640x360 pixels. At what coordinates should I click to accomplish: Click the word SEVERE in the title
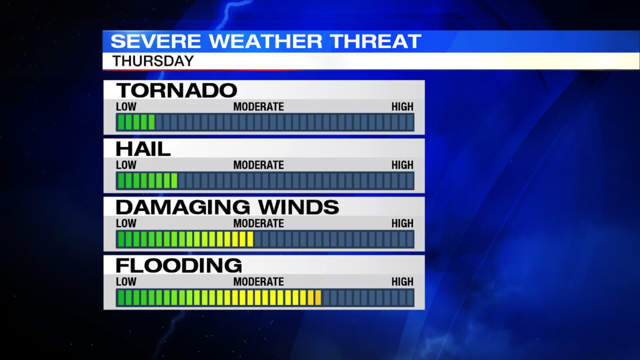click(x=156, y=41)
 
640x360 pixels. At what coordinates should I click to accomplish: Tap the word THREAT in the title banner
click(x=376, y=41)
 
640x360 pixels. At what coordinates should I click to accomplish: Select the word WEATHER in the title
click(x=266, y=41)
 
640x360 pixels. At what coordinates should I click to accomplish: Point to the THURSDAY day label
click(x=153, y=61)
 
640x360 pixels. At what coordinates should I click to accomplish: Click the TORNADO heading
click(x=176, y=90)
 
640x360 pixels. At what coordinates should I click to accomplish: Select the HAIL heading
click(x=143, y=149)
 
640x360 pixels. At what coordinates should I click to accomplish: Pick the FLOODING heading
click(x=179, y=266)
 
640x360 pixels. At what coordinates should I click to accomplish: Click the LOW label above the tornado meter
click(x=126, y=107)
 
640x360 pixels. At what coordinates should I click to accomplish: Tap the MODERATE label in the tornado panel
click(x=258, y=107)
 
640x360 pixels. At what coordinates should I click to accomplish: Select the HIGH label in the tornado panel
click(x=402, y=107)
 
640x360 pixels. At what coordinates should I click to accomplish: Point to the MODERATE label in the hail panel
click(x=258, y=165)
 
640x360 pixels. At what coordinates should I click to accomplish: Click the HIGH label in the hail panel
click(x=402, y=165)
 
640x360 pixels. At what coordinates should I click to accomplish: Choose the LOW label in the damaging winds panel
click(x=126, y=224)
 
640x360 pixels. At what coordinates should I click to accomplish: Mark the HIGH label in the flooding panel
click(x=402, y=282)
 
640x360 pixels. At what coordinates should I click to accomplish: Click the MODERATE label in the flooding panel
click(x=258, y=282)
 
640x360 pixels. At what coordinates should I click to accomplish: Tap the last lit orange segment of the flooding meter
click(x=318, y=298)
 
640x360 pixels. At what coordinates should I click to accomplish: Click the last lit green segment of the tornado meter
click(x=152, y=122)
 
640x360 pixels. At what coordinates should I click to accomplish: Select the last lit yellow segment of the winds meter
click(x=250, y=239)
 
